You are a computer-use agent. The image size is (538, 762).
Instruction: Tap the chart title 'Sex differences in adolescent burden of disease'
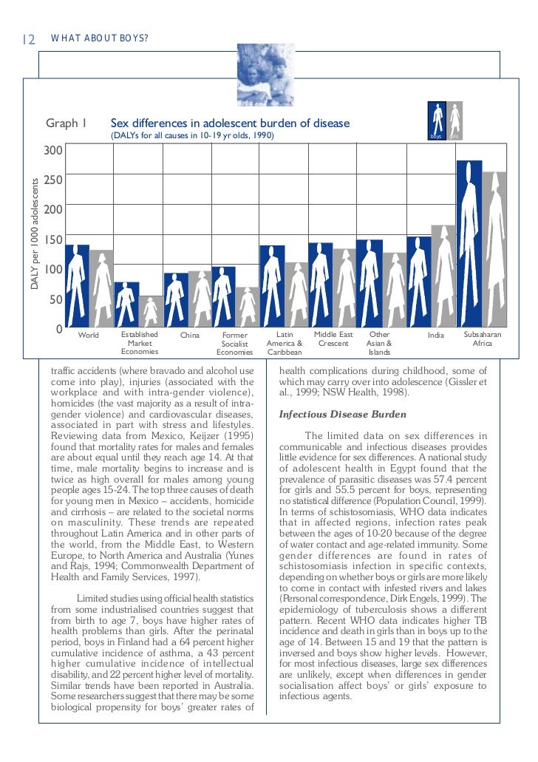[x=229, y=123]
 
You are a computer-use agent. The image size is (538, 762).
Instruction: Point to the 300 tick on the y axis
[x=53, y=151]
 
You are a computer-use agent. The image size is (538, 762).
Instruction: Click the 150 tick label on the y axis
[x=53, y=240]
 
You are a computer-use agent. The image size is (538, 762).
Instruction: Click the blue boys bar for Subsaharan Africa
[x=469, y=244]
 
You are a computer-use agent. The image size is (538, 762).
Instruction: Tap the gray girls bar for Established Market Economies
[x=151, y=311]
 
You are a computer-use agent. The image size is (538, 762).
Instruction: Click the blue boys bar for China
[x=176, y=300]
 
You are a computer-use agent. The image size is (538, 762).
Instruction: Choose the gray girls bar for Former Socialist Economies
[x=248, y=307]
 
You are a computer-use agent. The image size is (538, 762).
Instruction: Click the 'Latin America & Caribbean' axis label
[x=285, y=344]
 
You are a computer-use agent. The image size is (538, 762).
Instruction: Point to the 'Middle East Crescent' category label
[x=333, y=339]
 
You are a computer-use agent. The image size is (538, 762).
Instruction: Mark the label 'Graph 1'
[x=67, y=123]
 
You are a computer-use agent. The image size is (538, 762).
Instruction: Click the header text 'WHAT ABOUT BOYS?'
[x=100, y=38]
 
